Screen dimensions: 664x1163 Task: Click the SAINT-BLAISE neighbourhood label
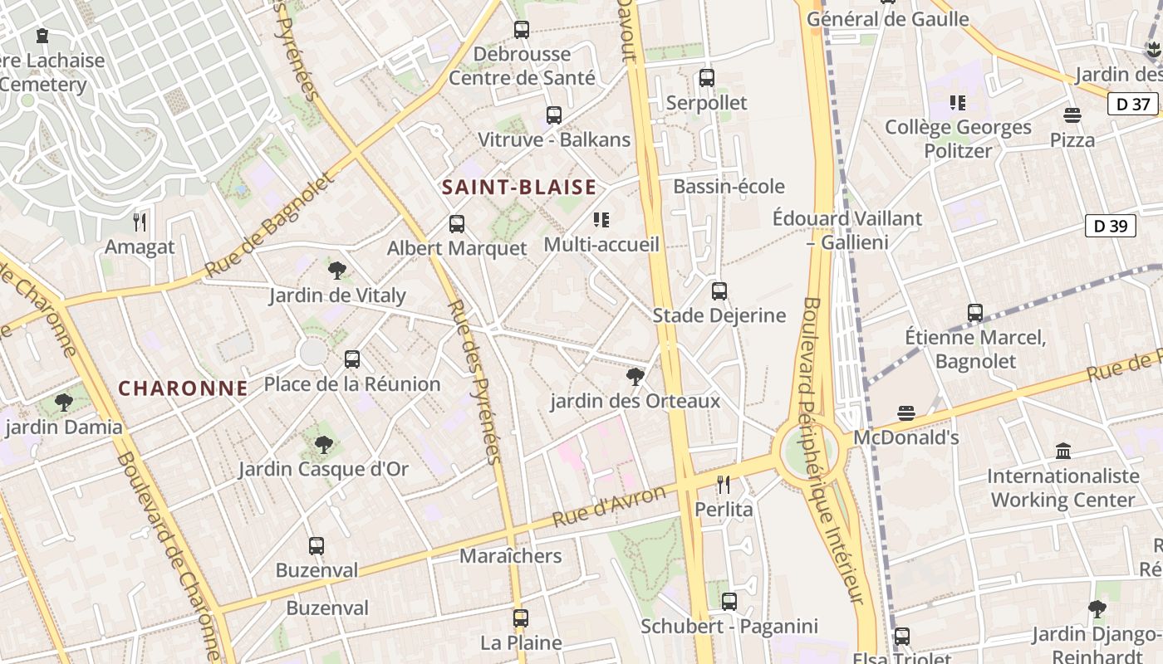(519, 187)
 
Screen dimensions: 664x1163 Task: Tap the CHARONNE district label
(183, 388)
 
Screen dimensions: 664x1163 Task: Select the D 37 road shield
(1133, 104)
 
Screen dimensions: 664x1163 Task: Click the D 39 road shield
(1110, 226)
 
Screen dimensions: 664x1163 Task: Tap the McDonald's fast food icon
(906, 413)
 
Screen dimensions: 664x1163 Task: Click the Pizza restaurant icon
(1072, 115)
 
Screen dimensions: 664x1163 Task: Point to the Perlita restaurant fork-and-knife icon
(724, 484)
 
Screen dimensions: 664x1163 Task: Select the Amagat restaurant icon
(140, 222)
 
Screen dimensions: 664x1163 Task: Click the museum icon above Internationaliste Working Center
(1062, 452)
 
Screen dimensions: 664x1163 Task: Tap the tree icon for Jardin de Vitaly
(337, 271)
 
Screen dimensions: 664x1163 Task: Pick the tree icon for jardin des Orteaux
(635, 377)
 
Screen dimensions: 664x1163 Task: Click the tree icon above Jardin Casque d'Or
(324, 445)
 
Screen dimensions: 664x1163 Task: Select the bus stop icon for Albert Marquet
(457, 223)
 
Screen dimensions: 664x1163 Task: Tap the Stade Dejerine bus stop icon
(719, 291)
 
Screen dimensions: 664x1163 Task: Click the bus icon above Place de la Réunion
(352, 359)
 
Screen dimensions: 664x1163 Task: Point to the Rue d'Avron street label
(609, 505)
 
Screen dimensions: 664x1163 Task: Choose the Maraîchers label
(510, 556)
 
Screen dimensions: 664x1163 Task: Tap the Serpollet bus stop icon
(707, 78)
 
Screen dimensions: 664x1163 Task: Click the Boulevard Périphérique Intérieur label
(830, 448)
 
